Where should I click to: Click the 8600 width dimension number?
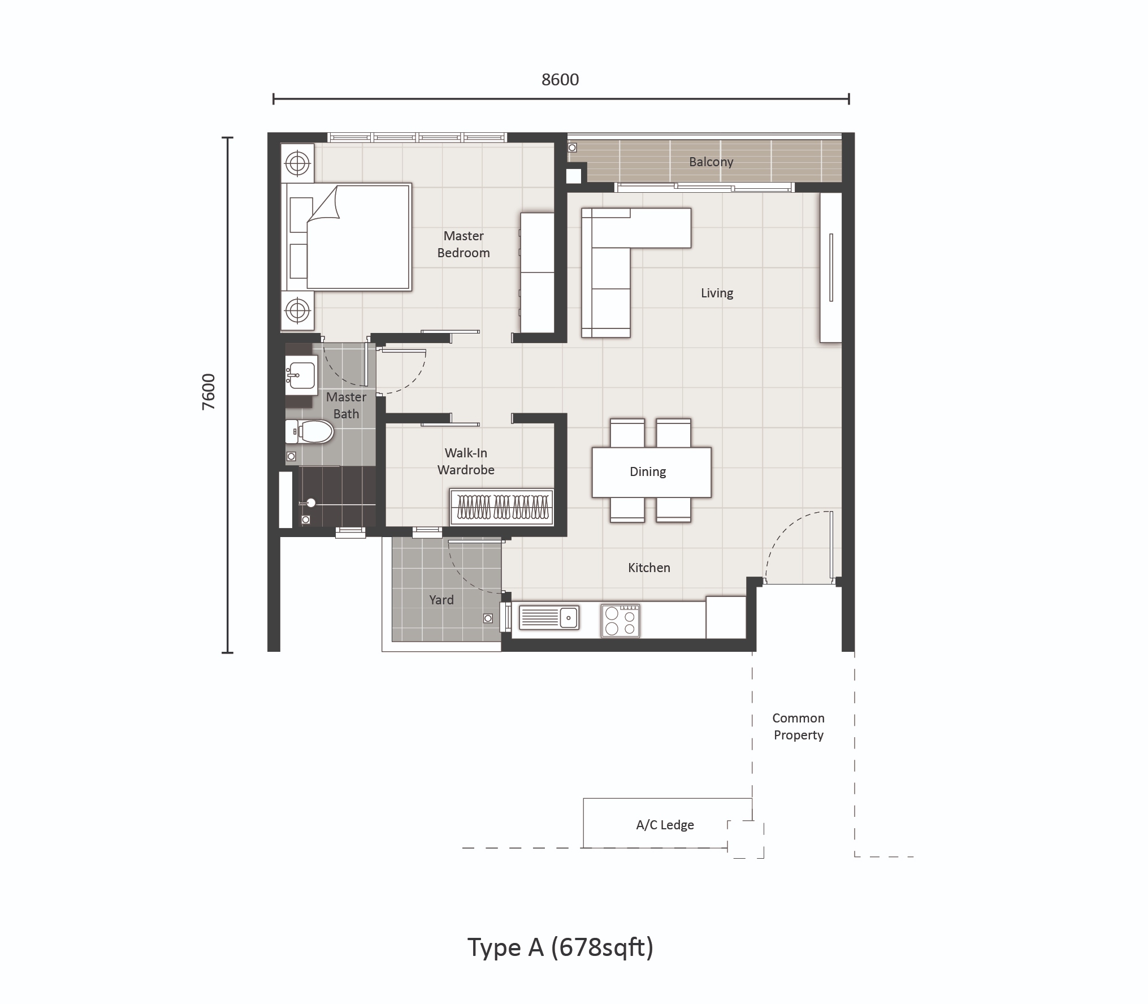coord(560,80)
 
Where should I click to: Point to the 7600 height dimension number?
coord(209,391)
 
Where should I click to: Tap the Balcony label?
coord(711,162)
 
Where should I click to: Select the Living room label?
coord(717,293)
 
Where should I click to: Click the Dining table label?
coord(648,471)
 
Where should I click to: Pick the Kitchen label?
coord(649,568)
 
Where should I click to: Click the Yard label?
coord(441,600)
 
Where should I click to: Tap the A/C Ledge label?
coord(665,825)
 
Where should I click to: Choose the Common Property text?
coord(798,726)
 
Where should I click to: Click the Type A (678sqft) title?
coord(560,947)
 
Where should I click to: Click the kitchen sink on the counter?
coord(549,617)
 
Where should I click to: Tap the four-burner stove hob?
coord(620,621)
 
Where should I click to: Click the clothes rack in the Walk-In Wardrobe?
coord(501,507)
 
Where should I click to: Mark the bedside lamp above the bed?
coord(297,165)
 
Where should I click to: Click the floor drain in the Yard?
coord(488,618)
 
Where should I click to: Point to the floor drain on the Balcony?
coord(572,148)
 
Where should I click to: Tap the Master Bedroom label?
coord(463,244)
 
